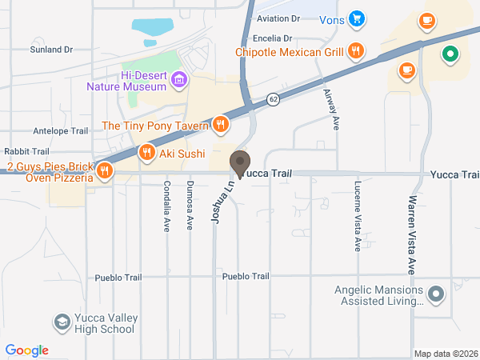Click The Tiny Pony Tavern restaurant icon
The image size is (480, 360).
221,124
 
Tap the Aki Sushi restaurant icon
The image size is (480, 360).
146,152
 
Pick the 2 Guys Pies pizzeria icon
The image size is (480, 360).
104,170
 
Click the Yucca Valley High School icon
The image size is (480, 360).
61,322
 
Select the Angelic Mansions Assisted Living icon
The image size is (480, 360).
436,294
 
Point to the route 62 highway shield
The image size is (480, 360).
273,99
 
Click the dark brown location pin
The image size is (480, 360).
240,164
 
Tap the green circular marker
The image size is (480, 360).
450,54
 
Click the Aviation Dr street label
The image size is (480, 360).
278,18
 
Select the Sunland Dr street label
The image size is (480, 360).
52,49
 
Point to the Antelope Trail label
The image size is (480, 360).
60,130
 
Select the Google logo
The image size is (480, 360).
27,350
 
